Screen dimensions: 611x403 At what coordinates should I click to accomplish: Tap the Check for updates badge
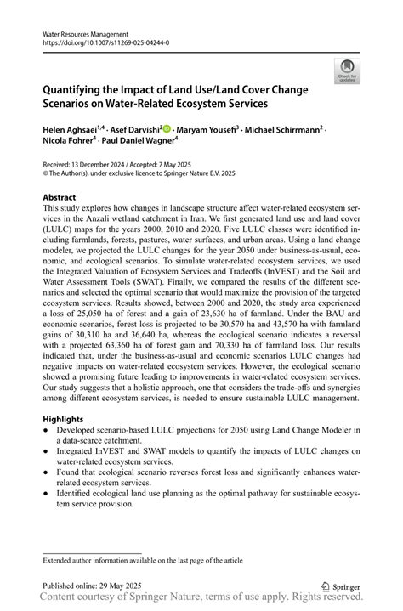click(346, 72)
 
